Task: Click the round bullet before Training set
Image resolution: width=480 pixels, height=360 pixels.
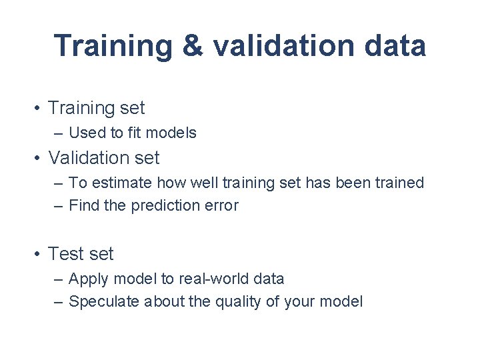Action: [x=40, y=108]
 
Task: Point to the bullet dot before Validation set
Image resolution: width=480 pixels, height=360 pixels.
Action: [x=40, y=158]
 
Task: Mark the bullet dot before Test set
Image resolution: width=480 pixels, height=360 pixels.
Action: [x=40, y=254]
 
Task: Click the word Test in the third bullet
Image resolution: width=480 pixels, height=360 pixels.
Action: [x=65, y=254]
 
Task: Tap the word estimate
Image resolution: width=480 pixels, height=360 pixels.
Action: [x=117, y=183]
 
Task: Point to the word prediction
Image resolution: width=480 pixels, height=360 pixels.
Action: [x=165, y=205]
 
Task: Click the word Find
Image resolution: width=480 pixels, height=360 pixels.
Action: [x=83, y=205]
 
